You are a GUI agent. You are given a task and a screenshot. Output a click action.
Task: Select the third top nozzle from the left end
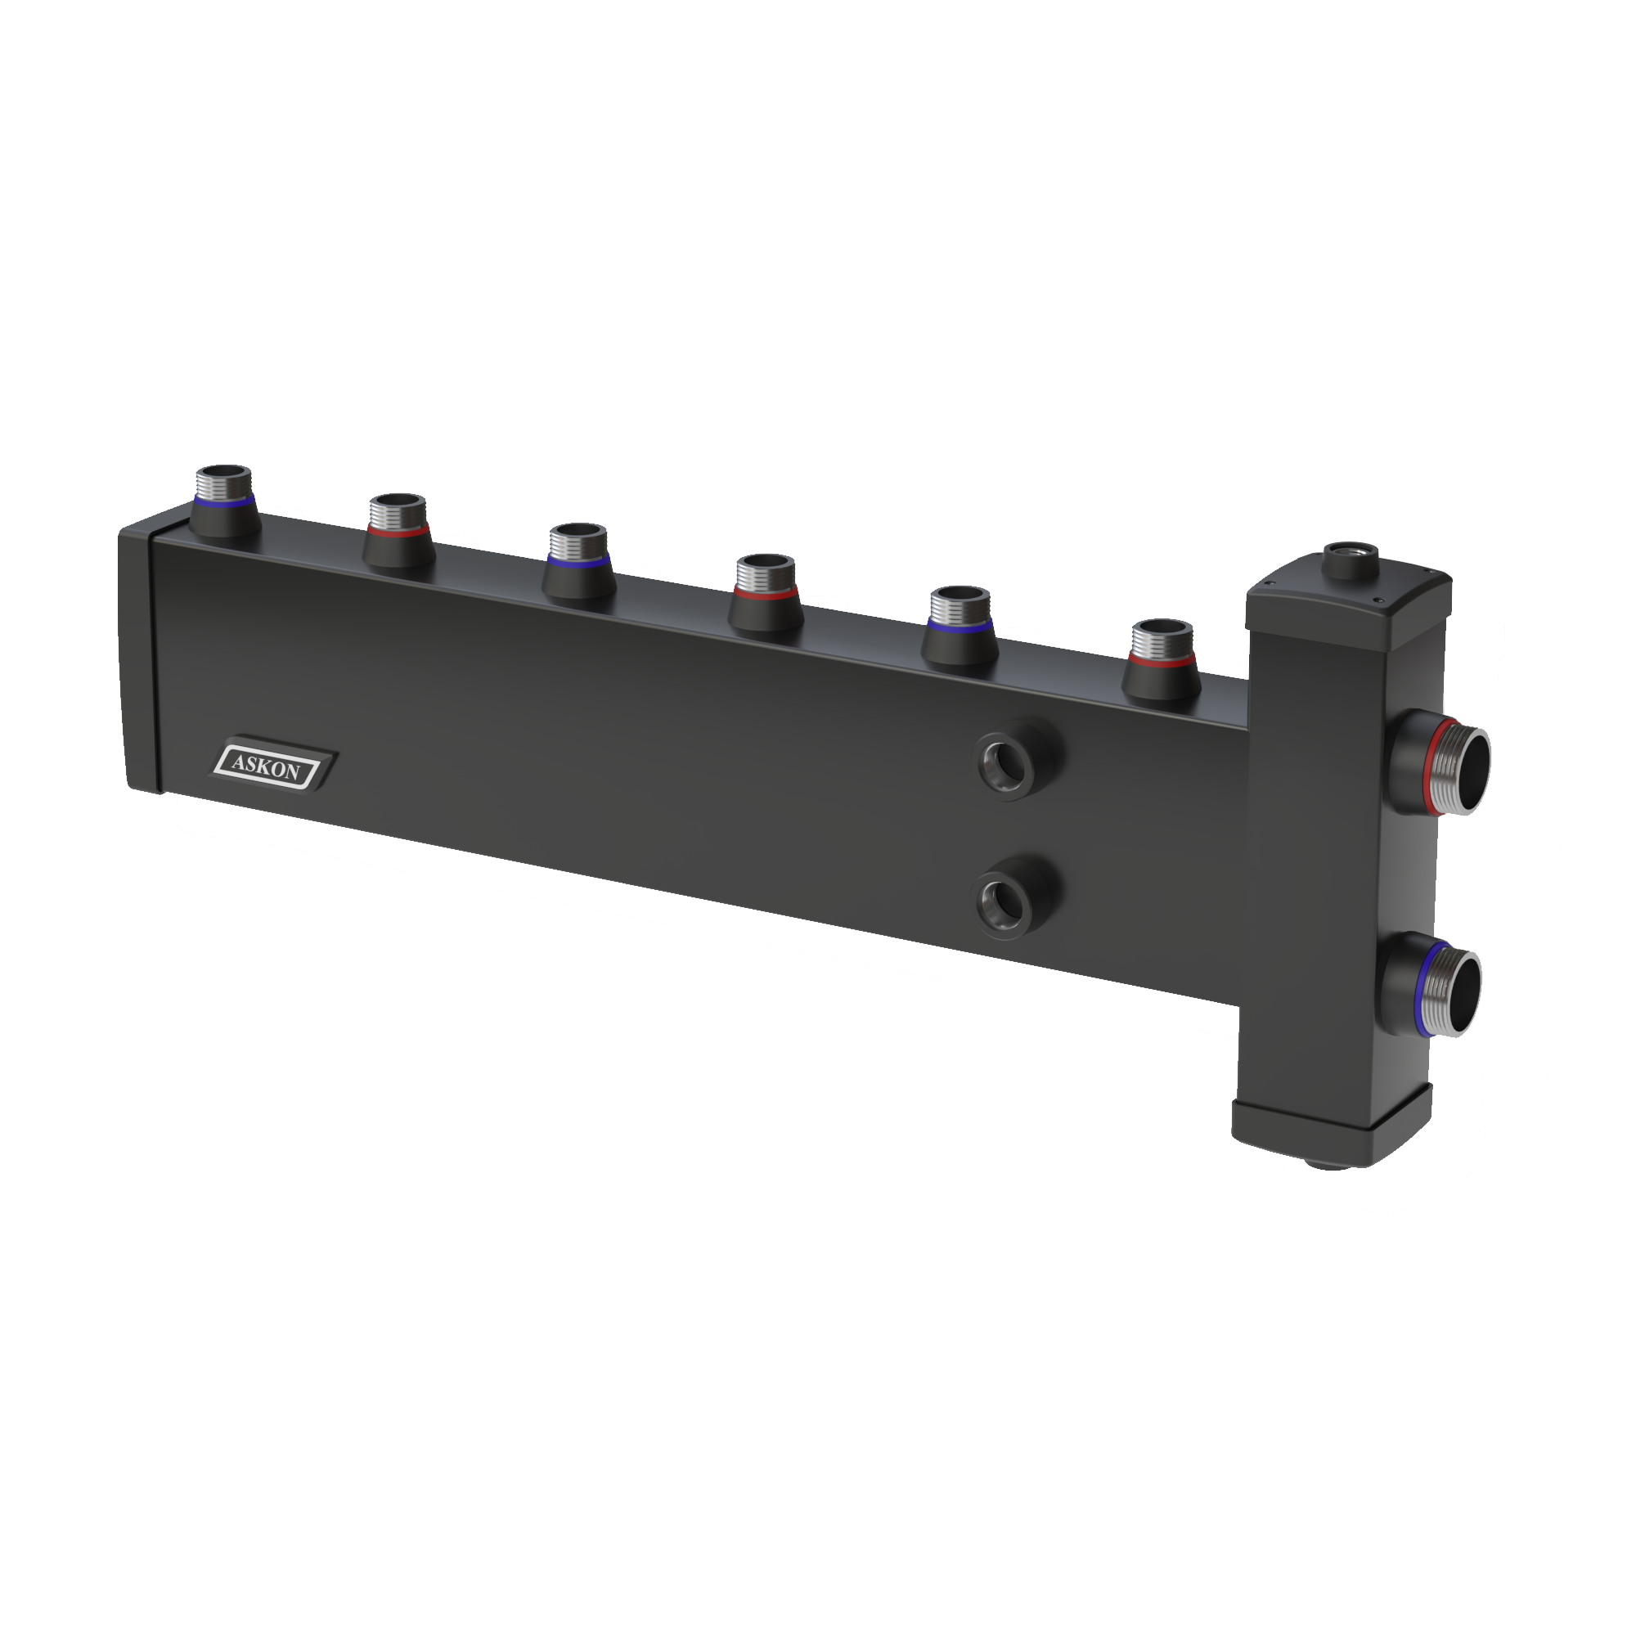tap(578, 561)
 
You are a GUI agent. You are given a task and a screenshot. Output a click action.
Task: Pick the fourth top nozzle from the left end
tap(766, 595)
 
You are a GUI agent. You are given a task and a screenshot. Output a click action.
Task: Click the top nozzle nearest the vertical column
tap(1162, 661)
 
